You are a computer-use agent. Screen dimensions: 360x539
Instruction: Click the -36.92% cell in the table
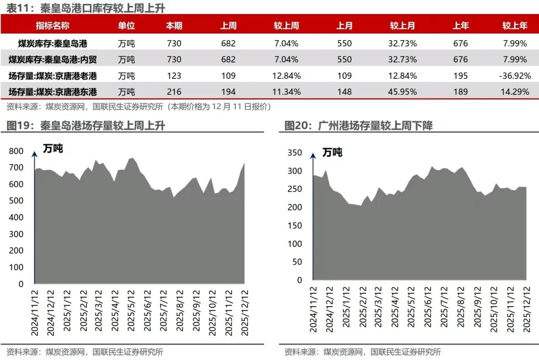coord(515,76)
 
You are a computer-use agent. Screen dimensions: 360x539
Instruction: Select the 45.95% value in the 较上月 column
coord(402,92)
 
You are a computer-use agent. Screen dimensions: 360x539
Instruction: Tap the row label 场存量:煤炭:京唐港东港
coord(52,92)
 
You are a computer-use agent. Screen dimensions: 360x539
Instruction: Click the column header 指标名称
coord(52,26)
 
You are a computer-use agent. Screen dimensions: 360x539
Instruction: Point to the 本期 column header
coord(174,26)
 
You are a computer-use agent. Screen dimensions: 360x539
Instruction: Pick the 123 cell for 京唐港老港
coord(174,76)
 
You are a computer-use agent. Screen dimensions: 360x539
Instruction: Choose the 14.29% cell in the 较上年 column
coord(515,92)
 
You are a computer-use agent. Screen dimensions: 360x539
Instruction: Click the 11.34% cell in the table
coord(287,92)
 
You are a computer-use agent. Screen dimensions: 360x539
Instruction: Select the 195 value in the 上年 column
coord(460,76)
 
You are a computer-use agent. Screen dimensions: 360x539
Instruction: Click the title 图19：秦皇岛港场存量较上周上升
coord(85,126)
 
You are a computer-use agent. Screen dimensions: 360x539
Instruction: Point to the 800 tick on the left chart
coord(16,151)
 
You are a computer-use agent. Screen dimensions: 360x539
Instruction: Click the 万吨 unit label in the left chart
coord(53,149)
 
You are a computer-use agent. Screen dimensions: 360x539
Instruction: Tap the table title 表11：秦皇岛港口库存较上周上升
coord(85,8)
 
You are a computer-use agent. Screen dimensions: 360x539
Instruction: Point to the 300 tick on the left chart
coord(16,234)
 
